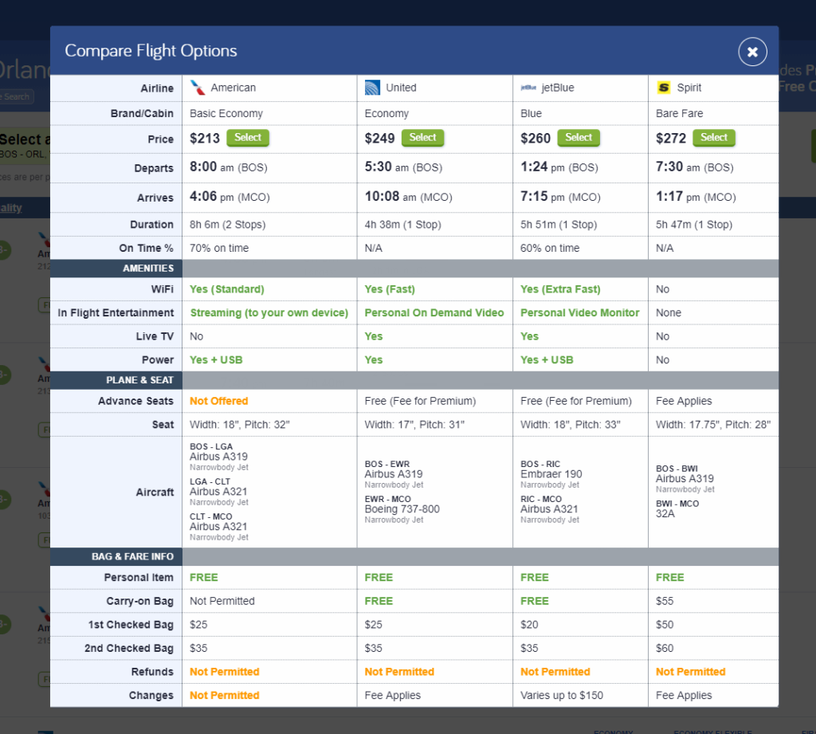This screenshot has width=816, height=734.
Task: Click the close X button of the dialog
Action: pyautogui.click(x=752, y=52)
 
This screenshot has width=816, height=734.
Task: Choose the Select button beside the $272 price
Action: pyautogui.click(x=713, y=138)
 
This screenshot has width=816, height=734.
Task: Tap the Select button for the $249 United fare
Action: pyautogui.click(x=422, y=138)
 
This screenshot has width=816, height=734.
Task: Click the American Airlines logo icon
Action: pyautogui.click(x=198, y=88)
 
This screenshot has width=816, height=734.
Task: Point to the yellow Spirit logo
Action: pyautogui.click(x=663, y=88)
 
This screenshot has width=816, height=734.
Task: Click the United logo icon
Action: pyautogui.click(x=372, y=88)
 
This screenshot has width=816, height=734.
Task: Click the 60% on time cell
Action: pyautogui.click(x=550, y=249)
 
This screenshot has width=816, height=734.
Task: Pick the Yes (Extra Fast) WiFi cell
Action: pyautogui.click(x=560, y=289)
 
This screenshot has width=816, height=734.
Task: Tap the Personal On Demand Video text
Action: pyautogui.click(x=434, y=313)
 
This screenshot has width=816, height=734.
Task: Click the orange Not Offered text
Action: pyautogui.click(x=219, y=401)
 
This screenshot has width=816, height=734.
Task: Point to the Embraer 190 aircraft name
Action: pyautogui.click(x=551, y=474)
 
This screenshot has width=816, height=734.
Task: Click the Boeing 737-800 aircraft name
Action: pyautogui.click(x=402, y=509)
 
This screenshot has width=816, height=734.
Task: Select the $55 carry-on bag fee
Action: pyautogui.click(x=665, y=601)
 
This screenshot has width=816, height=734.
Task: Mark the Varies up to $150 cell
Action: pyautogui.click(x=562, y=696)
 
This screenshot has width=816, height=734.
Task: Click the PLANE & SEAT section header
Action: pyautogui.click(x=139, y=380)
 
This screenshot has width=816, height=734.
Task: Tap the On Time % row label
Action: pyautogui.click(x=146, y=249)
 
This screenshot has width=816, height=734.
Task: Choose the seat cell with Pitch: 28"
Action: pyautogui.click(x=712, y=425)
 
